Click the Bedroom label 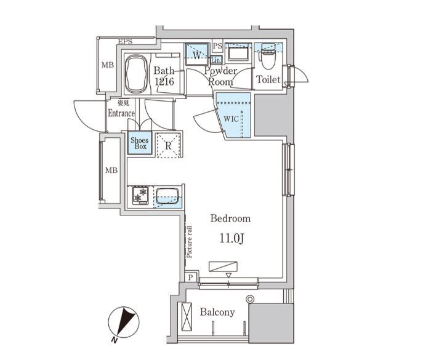[230, 218]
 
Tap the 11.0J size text [230, 238]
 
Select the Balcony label [217, 312]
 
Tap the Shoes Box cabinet [139, 144]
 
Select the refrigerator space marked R [167, 145]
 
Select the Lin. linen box [216, 60]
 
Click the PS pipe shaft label [217, 46]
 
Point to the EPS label [126, 41]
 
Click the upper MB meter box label [108, 65]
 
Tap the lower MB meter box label [110, 170]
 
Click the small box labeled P [191, 278]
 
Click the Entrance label [121, 113]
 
